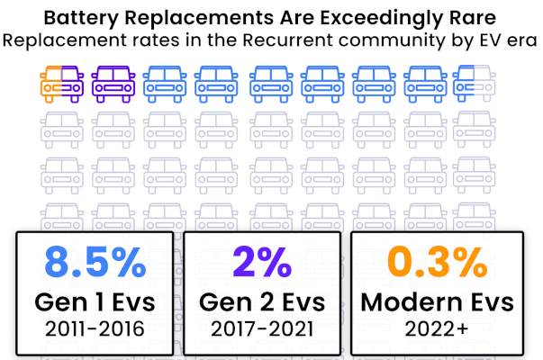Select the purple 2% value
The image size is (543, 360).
point(262,262)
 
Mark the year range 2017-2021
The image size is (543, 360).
point(262,328)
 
